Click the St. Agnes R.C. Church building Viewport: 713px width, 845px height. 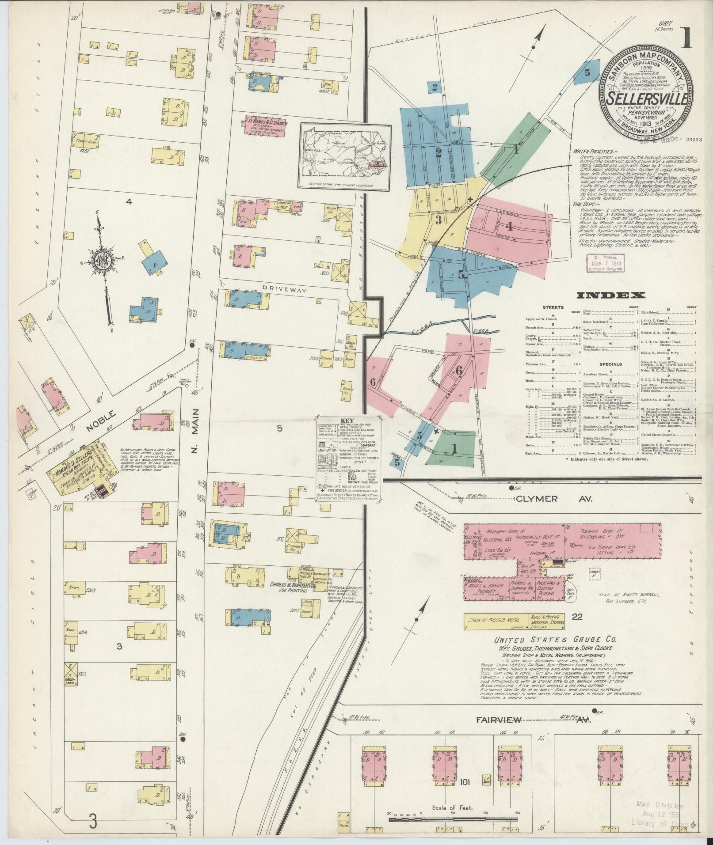pyautogui.click(x=264, y=125)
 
